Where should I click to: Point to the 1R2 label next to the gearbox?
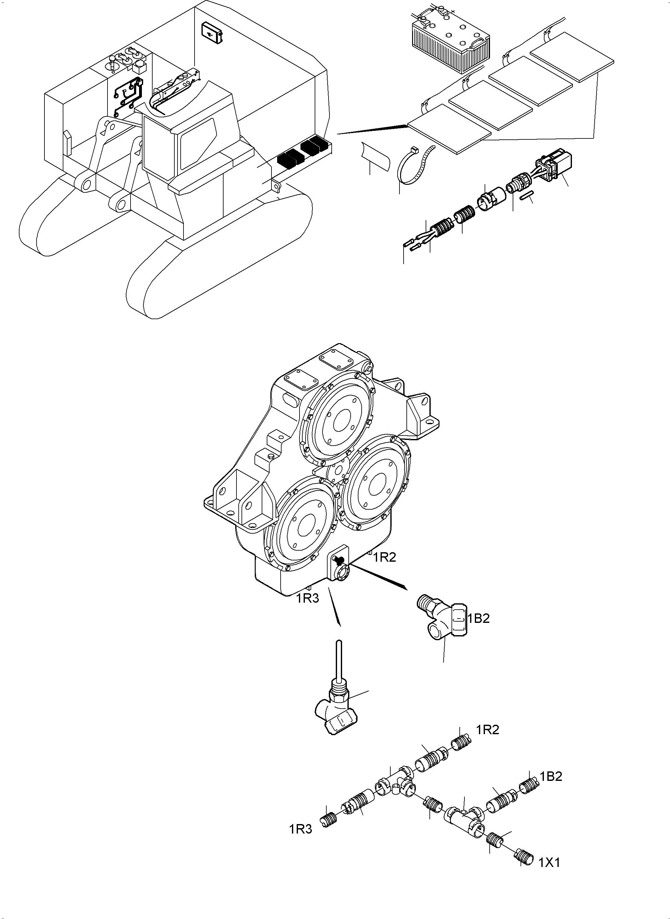(x=384, y=558)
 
